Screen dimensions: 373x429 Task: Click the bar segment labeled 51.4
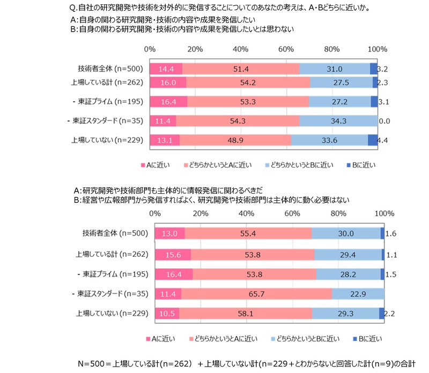[x=241, y=68]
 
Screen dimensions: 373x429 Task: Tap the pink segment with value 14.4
[x=166, y=68]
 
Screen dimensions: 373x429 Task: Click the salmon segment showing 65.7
[x=257, y=293]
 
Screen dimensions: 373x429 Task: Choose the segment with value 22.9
[x=358, y=293]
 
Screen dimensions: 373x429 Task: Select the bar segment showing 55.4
[x=248, y=233]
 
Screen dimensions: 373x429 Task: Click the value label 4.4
[x=382, y=140]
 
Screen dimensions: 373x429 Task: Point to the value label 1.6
[x=391, y=233]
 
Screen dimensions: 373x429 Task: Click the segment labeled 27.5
[x=341, y=82]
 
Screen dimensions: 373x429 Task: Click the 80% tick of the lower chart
[x=338, y=214]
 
